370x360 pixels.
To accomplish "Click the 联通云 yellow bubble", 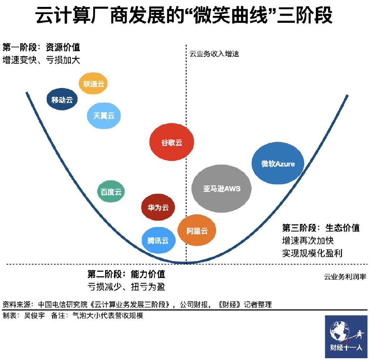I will [x=94, y=84].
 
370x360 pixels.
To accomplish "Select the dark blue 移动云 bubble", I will [x=62, y=100].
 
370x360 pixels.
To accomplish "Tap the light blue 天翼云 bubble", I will [x=104, y=116].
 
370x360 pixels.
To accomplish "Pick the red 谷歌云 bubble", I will [x=172, y=142].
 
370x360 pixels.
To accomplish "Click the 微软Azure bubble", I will [x=278, y=164].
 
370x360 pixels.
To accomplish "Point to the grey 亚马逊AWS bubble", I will [x=221, y=189].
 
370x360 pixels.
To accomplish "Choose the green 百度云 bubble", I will [x=111, y=192].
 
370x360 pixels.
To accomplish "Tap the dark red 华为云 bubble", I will [x=158, y=207].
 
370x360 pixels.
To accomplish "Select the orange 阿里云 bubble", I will [x=197, y=231].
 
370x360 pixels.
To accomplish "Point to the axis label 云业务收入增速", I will [x=214, y=54].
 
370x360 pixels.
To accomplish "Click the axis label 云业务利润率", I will [x=345, y=277].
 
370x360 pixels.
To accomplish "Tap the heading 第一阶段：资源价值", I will [x=41, y=47].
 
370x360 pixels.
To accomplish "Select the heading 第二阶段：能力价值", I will [x=126, y=274].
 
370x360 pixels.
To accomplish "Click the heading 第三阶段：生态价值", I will [x=321, y=228].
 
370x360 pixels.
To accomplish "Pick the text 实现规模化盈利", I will [x=312, y=253].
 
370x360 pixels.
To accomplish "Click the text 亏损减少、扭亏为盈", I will [x=126, y=287].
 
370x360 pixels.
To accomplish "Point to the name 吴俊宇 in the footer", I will [x=35, y=316].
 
